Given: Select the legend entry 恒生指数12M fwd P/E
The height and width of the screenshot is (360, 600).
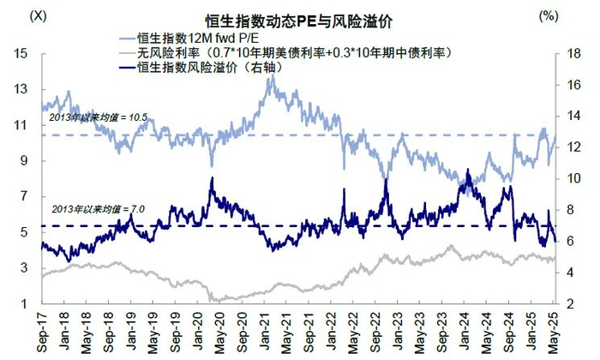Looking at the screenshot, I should point(197,39).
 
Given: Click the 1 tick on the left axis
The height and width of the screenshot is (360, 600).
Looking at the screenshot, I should point(27,304).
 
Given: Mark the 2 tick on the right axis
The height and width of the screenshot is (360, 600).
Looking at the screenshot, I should point(566,304).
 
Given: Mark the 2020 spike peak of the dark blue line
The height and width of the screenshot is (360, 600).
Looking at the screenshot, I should point(212,178).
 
